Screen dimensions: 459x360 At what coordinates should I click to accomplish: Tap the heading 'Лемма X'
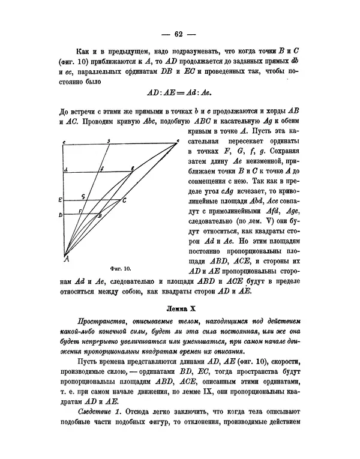coord(180,308)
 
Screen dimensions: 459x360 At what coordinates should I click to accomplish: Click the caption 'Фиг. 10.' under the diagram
coord(121,268)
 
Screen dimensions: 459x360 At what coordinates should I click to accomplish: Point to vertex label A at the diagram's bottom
coord(65,259)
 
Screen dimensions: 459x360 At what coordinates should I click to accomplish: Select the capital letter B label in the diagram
coord(100,215)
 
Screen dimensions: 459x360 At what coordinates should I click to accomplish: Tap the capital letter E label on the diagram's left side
coord(60,199)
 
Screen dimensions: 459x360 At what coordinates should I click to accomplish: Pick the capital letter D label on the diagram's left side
coord(60,214)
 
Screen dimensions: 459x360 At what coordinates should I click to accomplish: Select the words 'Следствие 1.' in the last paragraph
coord(100,430)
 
